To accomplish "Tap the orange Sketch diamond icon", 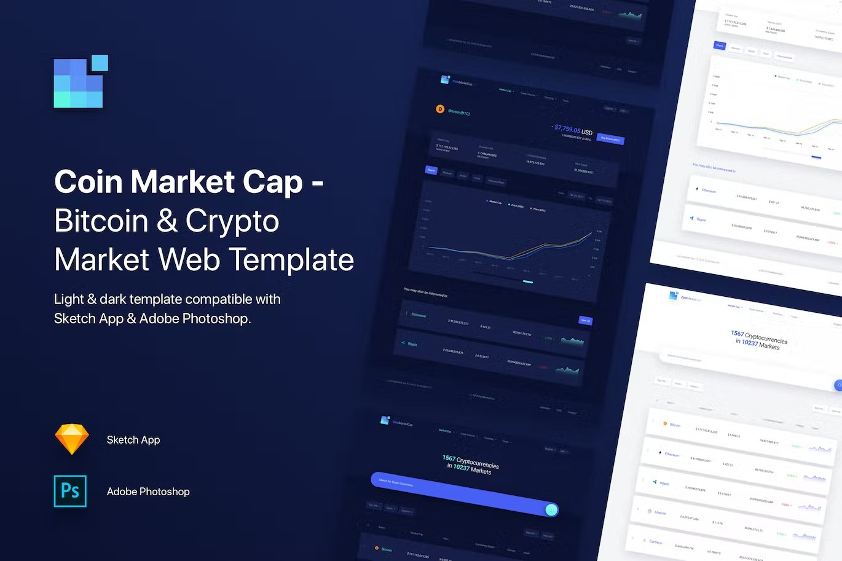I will (x=72, y=439).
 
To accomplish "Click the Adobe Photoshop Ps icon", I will (x=70, y=491).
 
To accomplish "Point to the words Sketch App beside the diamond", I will (x=133, y=440).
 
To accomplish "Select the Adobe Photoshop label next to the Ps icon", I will (x=148, y=492).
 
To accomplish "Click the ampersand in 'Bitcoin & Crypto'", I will (x=167, y=221).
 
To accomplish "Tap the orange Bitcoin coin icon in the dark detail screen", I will (x=440, y=109).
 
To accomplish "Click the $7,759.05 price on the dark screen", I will (x=567, y=129).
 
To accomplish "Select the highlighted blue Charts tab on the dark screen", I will (x=431, y=170).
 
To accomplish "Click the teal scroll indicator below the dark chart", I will (x=527, y=282).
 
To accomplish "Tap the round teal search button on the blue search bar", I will (x=551, y=509).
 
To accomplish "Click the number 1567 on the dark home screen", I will (x=449, y=458).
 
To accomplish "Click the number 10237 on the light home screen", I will (x=750, y=342).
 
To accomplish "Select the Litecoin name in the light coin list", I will (x=660, y=512).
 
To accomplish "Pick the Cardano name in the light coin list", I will (x=656, y=541).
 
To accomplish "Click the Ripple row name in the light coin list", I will (x=664, y=483).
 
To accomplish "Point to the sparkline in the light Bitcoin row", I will (x=819, y=449).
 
